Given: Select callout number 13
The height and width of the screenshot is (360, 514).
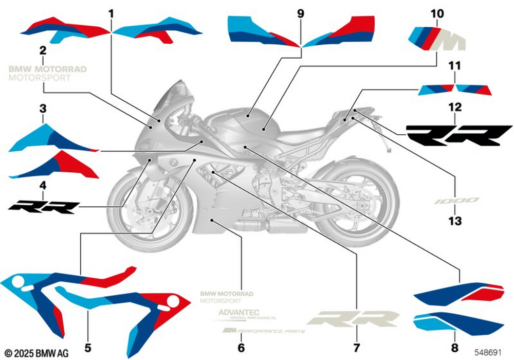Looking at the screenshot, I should coord(454,221).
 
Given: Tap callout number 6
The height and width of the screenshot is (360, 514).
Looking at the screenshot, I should coord(241,348).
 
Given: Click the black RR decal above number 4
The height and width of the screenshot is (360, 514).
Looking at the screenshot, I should coord(44,207).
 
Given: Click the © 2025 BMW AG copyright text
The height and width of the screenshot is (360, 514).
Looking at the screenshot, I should coord(34,353).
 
